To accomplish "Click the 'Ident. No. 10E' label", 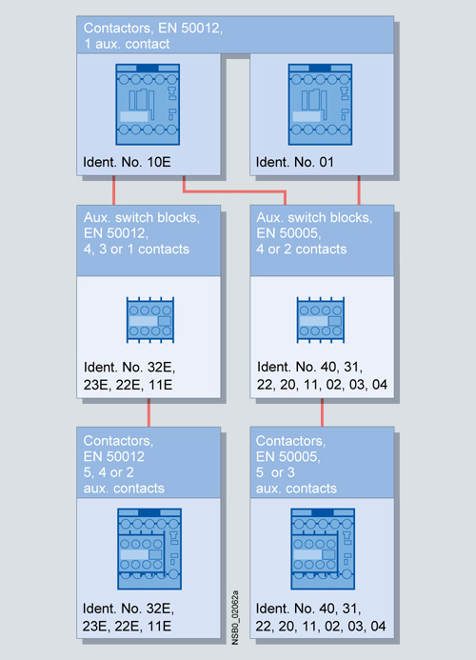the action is coord(127,162).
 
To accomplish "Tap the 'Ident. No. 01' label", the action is coord(294,162).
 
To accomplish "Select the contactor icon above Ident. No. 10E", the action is coord(148,105).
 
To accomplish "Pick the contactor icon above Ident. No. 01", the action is coord(320,105).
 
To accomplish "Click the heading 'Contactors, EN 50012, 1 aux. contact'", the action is coord(153,36).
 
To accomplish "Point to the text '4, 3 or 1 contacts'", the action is coord(136,250).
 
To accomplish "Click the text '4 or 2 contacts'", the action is coord(302,250).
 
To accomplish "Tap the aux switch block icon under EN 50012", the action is coord(150,320).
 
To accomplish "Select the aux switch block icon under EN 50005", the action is coord(321,320).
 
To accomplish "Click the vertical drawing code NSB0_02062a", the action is coord(235,617).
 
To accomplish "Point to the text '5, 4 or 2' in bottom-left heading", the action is coord(109,472).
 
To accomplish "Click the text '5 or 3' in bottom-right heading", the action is coord(275,472).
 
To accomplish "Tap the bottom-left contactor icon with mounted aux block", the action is coord(149,549).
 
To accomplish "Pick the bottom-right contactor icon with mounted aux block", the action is coord(323,549).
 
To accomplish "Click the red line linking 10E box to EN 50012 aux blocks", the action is coord(113,190).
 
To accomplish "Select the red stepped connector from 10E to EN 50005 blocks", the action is coord(235,192).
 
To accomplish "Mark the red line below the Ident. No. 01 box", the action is coord(359,190).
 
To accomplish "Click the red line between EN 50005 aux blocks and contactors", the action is coord(322,412).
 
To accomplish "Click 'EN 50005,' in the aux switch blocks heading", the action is coord(288,233).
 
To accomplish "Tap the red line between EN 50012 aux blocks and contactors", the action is coord(149,412).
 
